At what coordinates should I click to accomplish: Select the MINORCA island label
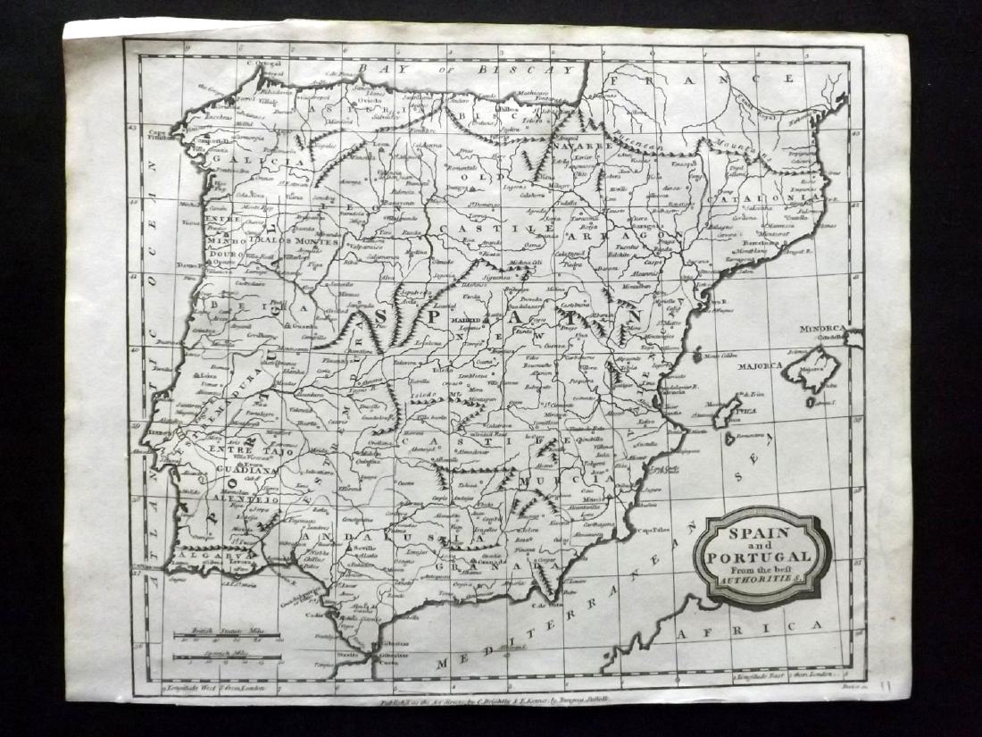click(x=821, y=328)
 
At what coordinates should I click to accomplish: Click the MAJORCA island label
click(x=760, y=366)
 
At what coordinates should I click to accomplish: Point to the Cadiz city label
click(x=313, y=615)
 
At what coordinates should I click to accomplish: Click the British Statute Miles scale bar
click(x=227, y=637)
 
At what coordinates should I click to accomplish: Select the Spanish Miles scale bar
click(x=227, y=659)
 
